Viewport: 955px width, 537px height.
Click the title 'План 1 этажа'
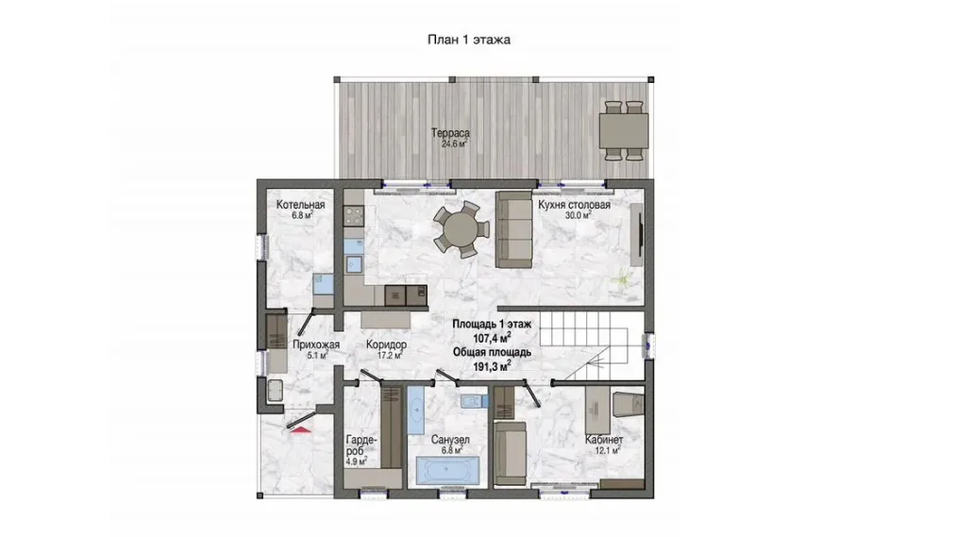[x=469, y=41]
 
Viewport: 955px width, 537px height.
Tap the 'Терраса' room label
[x=450, y=132]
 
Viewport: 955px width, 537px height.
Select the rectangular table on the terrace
[x=623, y=131]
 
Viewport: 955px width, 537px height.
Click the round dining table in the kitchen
[x=461, y=229]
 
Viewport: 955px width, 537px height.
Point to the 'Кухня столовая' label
[x=574, y=205]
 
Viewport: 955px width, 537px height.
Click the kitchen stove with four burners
[x=353, y=216]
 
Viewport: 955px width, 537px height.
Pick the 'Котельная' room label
[x=300, y=205]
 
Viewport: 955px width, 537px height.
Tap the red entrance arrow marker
[x=300, y=429]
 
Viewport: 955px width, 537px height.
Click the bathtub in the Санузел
[x=447, y=469]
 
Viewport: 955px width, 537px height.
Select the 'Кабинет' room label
[x=604, y=440]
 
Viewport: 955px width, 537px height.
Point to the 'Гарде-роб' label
[x=361, y=445]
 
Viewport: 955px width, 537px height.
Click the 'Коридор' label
[x=386, y=344]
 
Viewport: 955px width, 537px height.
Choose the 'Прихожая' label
[x=315, y=344]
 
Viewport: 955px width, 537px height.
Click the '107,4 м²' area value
[x=492, y=337]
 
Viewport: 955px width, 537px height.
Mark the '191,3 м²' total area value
[x=492, y=365]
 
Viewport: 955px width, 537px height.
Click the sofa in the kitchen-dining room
[x=513, y=229]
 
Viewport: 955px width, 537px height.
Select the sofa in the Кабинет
[x=510, y=454]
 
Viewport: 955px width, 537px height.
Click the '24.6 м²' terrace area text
[x=454, y=144]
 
